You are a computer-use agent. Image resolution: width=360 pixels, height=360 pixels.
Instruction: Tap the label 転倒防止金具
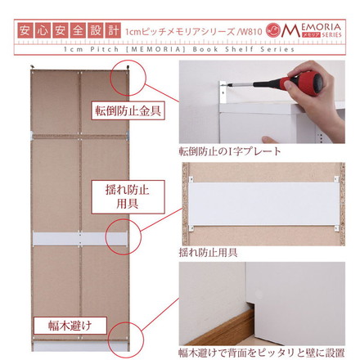128,110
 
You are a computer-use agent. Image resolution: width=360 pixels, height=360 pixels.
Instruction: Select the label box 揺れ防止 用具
128,196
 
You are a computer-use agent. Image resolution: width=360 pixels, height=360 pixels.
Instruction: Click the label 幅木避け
70,326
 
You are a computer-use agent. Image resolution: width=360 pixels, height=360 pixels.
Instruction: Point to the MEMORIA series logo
304,30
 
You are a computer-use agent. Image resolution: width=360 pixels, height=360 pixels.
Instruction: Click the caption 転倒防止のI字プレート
230,151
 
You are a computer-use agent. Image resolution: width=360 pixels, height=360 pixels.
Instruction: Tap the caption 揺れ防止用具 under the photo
208,253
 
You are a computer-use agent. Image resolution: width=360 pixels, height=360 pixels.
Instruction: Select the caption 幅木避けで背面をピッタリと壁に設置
262,353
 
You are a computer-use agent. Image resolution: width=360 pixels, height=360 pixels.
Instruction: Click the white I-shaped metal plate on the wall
223,92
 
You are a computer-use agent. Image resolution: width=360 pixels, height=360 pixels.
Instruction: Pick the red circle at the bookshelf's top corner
128,78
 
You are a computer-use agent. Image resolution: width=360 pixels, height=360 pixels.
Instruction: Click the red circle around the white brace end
124,236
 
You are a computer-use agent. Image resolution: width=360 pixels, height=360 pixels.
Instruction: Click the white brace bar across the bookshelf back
80,239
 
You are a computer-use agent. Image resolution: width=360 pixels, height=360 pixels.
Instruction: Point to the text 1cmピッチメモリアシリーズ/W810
193,32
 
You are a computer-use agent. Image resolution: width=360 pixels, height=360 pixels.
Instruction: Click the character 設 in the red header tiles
95,30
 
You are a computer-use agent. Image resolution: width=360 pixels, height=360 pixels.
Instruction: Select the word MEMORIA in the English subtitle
157,49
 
